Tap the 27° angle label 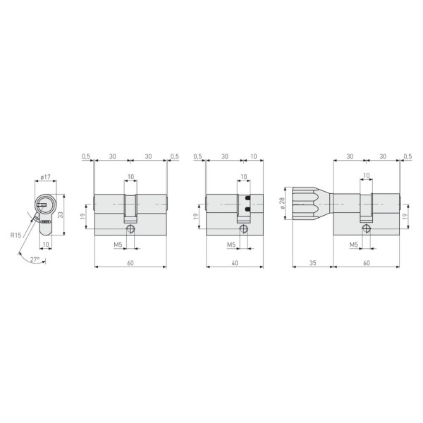(35, 259)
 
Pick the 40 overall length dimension (233, 262)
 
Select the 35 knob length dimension (311, 262)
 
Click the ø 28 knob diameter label (282, 203)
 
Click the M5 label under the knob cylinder (355, 245)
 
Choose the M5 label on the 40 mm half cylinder (231, 245)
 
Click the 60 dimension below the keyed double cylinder (130, 262)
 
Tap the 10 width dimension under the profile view (46, 245)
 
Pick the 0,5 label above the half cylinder (197, 156)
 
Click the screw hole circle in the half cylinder (243, 229)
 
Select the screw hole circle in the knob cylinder (365, 229)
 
